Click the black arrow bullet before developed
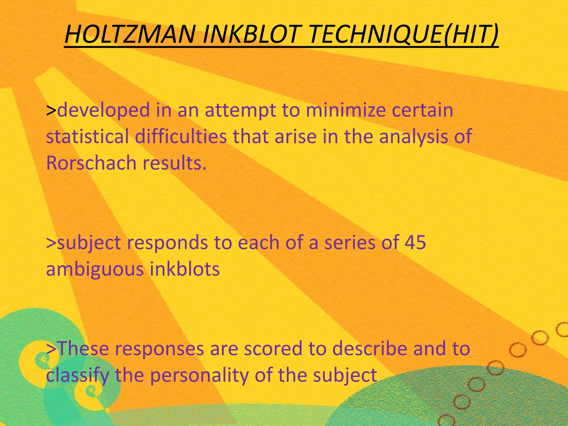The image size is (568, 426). [x=51, y=110]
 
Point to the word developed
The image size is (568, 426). [x=104, y=110]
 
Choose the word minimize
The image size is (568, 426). [x=347, y=110]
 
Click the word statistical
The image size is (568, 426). [x=87, y=136]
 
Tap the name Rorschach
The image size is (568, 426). [x=91, y=163]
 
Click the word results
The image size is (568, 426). [x=175, y=163]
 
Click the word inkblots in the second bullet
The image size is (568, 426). [x=185, y=269]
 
